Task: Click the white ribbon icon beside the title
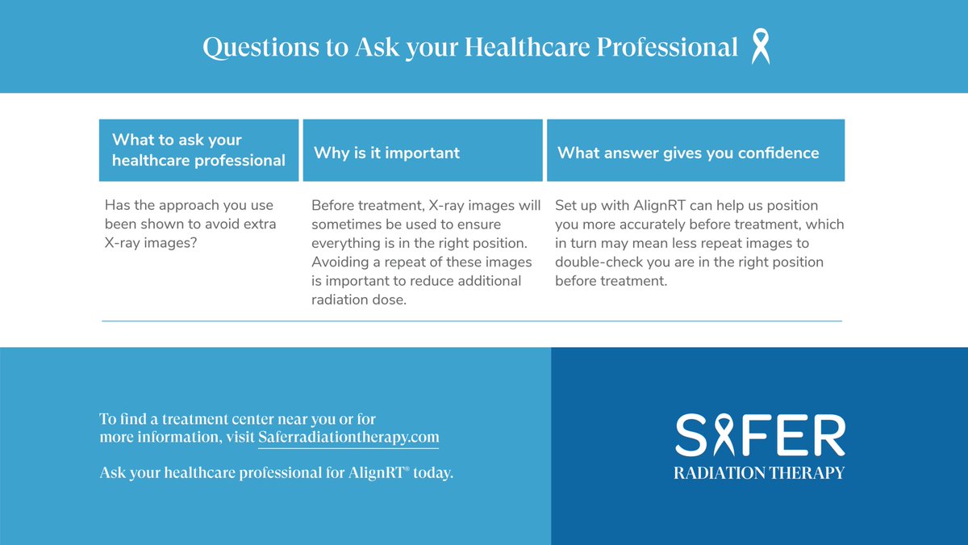[760, 47]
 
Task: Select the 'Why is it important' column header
[386, 153]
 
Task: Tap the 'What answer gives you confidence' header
[688, 153]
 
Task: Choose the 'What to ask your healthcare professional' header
[198, 150]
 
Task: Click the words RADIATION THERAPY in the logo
[759, 472]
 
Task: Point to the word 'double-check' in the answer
[594, 262]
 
